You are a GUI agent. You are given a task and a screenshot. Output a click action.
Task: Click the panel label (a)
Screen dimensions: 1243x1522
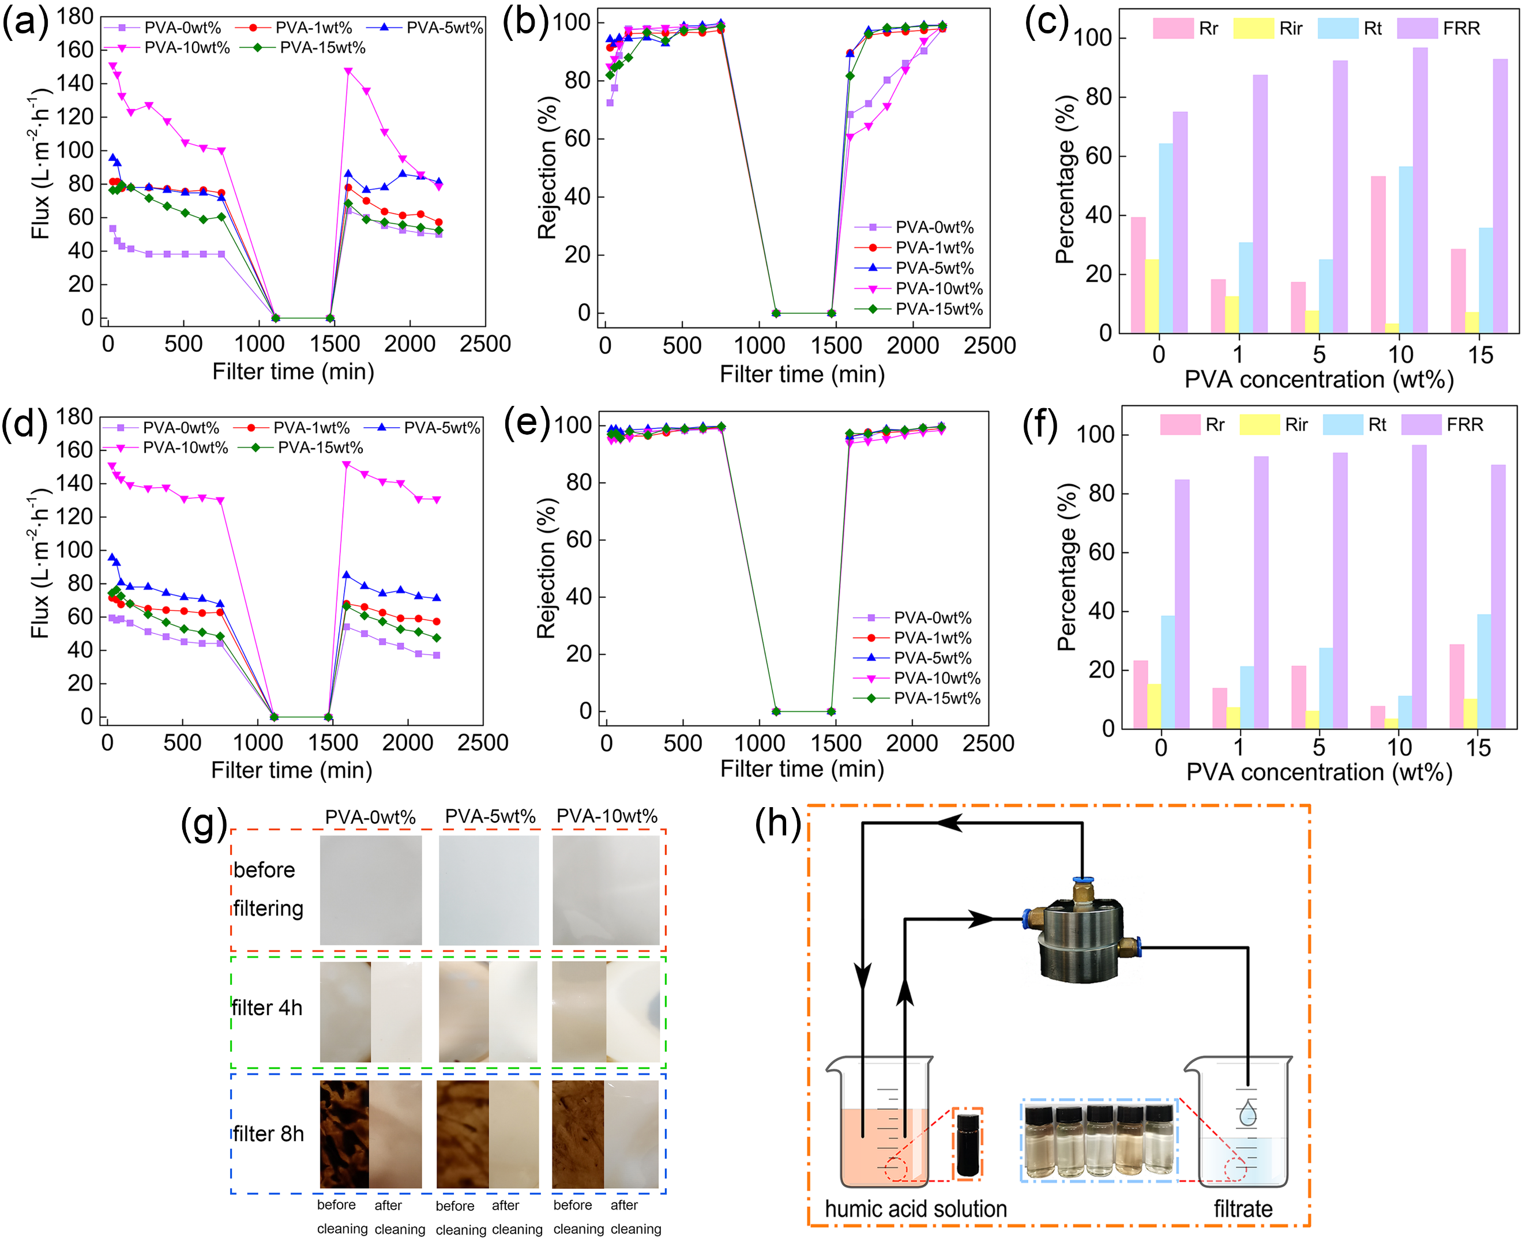[24, 23]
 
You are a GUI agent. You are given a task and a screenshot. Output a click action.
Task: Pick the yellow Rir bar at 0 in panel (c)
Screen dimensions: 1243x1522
[1152, 296]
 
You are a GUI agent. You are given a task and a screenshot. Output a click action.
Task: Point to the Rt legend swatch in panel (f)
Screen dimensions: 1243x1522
[1342, 424]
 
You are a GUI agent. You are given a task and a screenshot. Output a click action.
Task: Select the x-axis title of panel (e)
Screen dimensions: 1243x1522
[802, 769]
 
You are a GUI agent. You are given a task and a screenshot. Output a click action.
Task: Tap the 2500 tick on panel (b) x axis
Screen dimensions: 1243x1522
[989, 346]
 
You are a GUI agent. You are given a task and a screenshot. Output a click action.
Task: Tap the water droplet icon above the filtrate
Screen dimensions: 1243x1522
[1247, 1113]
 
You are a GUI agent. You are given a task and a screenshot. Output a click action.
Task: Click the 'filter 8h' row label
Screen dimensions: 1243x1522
[269, 1134]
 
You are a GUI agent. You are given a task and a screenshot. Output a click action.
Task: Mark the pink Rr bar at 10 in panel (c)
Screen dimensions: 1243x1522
[1378, 254]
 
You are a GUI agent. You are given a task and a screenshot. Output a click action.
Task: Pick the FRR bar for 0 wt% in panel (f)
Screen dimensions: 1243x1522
[1182, 604]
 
